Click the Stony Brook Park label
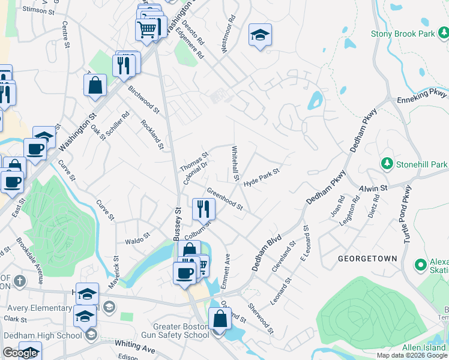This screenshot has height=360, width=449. click(x=403, y=34)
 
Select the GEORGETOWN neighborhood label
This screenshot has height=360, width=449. click(x=367, y=259)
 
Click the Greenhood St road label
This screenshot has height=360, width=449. click(x=224, y=199)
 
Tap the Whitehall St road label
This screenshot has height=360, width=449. click(x=236, y=164)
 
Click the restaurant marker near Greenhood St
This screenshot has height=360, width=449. click(x=203, y=209)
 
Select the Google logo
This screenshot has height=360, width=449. click(x=20, y=353)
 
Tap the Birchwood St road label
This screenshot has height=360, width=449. click(x=143, y=100)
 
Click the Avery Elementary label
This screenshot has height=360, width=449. click(x=36, y=308)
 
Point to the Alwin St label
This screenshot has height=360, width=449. click(x=373, y=188)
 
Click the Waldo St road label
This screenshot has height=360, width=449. click(x=137, y=241)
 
